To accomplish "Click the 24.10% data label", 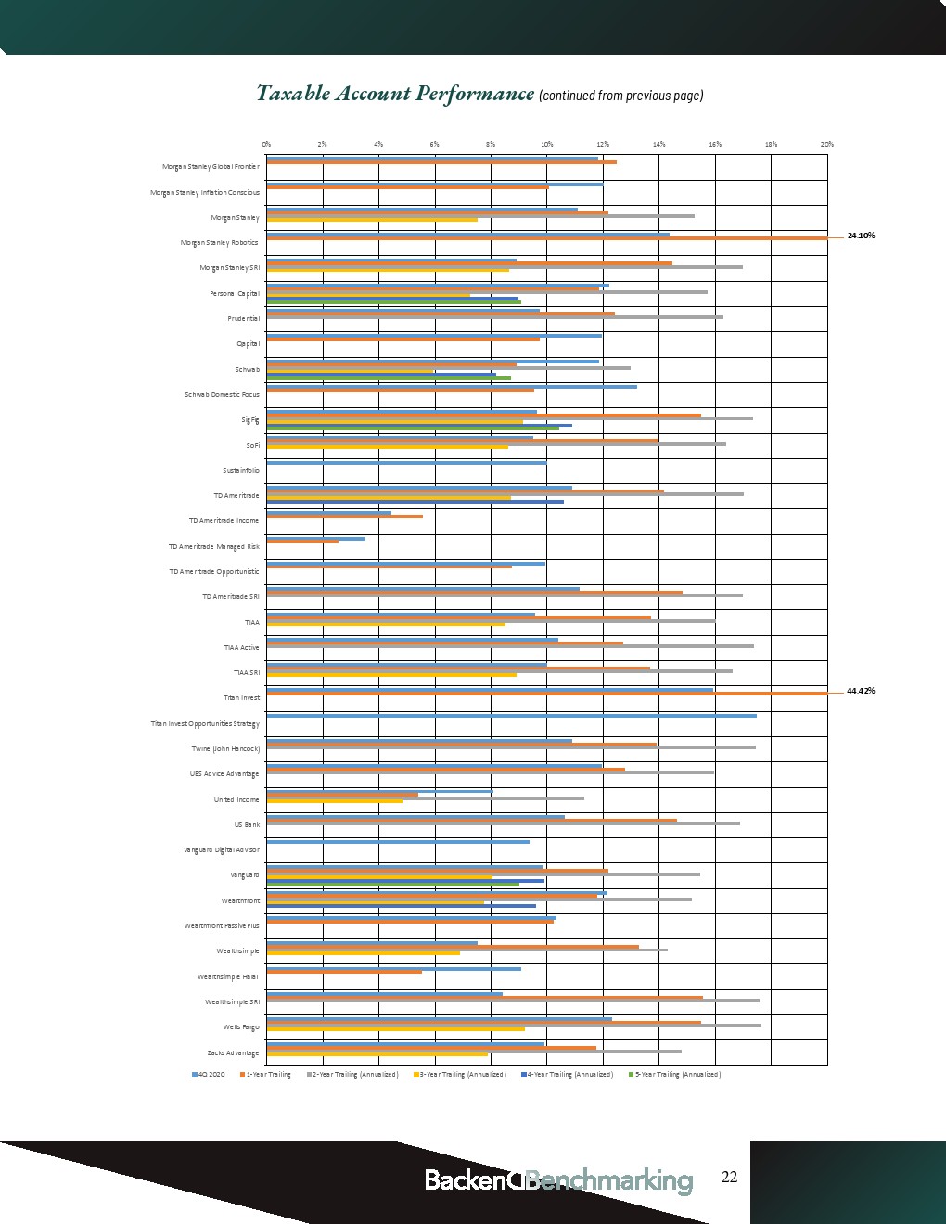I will pyautogui.click(x=861, y=236).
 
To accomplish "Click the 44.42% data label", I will pyautogui.click(x=861, y=691).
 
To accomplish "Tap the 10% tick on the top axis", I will pyautogui.click(x=547, y=145).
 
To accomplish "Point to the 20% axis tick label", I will pyautogui.click(x=827, y=145).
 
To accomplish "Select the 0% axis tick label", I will pyautogui.click(x=266, y=145).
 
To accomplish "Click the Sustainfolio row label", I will pyautogui.click(x=241, y=471).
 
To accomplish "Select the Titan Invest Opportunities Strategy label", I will pyautogui.click(x=205, y=724).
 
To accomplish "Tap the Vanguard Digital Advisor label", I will pyautogui.click(x=222, y=850).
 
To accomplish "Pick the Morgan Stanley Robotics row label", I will pyautogui.click(x=219, y=243).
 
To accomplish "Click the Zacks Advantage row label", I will pyautogui.click(x=233, y=1053).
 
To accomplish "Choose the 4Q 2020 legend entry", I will pyautogui.click(x=209, y=1075).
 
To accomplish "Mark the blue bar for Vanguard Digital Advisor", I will pyautogui.click(x=398, y=842).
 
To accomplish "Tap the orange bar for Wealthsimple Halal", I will pyautogui.click(x=344, y=972).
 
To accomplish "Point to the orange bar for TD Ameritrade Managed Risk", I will pyautogui.click(x=302, y=542).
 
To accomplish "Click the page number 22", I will pyautogui.click(x=730, y=1178).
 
